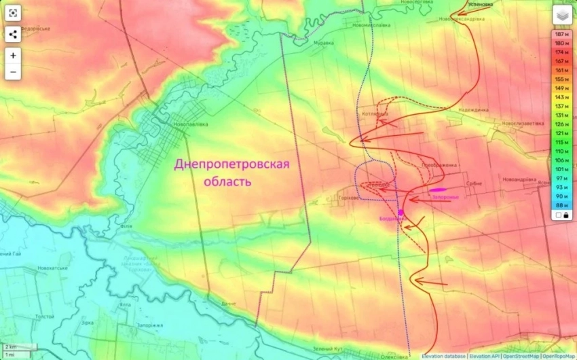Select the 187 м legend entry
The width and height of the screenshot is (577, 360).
561,34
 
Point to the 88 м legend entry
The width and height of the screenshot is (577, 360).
561,204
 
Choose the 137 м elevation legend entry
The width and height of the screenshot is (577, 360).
561,106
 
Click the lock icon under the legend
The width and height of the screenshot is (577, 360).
566,215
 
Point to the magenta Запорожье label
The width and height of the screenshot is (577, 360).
445,198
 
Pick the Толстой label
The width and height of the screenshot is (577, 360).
45,316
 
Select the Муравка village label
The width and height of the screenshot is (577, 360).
323,43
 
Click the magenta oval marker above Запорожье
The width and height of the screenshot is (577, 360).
438,190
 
